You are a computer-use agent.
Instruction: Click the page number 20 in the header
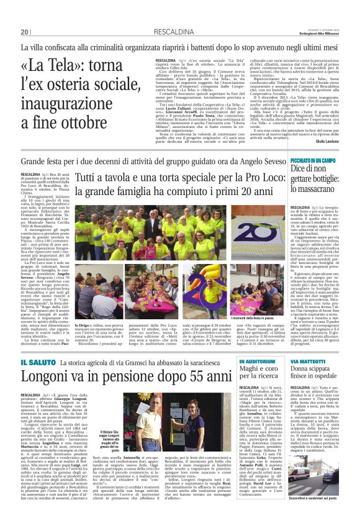(x=25, y=31)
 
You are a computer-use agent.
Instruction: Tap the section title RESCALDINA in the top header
(x=153, y=31)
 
